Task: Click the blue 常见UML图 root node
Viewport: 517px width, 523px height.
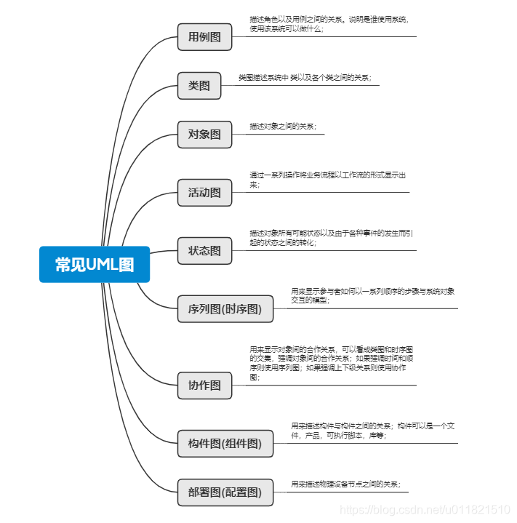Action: coord(95,264)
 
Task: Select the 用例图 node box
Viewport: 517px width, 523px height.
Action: coord(204,36)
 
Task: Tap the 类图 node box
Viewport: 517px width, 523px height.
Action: coord(199,85)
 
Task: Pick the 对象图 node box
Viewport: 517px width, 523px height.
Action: coord(204,134)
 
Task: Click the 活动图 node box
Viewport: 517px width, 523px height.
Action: coord(204,193)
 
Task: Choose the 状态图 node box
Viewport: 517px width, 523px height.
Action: coord(204,250)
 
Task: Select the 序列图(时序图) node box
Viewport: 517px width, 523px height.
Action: coord(225,309)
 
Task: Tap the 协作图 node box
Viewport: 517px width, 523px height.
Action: coord(204,385)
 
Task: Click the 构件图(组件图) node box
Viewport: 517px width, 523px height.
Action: coord(225,443)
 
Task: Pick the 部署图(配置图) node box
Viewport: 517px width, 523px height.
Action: coord(225,492)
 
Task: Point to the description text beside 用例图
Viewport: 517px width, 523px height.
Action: coord(329,24)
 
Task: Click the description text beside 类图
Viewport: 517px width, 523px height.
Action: coord(308,77)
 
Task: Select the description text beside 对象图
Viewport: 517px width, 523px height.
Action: coord(282,127)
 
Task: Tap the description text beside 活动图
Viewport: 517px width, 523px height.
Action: coord(327,180)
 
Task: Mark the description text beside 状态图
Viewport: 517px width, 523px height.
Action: coord(331,238)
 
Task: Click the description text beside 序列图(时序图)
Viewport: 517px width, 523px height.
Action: coord(372,295)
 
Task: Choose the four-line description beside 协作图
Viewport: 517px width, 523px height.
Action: coord(331,364)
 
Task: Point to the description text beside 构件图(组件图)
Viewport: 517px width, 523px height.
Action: coord(372,431)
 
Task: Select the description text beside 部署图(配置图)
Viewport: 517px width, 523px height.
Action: coord(345,484)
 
